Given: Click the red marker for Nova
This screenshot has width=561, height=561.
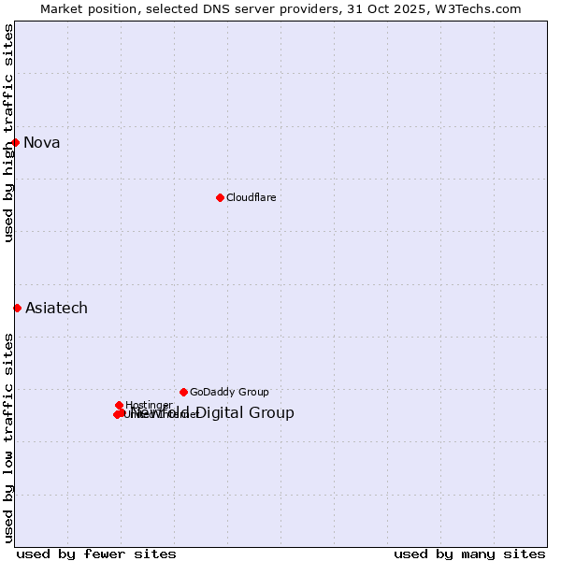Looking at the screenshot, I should pyautogui.click(x=16, y=142).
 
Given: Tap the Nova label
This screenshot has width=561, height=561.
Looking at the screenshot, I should pyautogui.click(x=42, y=143).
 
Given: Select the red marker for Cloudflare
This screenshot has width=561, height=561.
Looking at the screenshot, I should pyautogui.click(x=220, y=197).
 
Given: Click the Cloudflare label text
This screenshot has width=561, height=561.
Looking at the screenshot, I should pyautogui.click(x=252, y=197).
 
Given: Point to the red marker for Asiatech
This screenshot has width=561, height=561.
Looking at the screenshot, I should pyautogui.click(x=17, y=308).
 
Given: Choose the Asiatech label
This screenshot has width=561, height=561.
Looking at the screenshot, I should pyautogui.click(x=56, y=309).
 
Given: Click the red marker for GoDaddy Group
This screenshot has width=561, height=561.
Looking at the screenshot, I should pyautogui.click(x=183, y=392).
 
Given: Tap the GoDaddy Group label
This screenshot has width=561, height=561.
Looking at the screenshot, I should pyautogui.click(x=229, y=393).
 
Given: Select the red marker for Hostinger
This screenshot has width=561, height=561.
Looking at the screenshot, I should pyautogui.click(x=119, y=405).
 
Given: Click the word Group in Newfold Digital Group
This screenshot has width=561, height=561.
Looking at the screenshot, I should pyautogui.click(x=272, y=413).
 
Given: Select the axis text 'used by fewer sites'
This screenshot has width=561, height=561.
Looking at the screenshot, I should pyautogui.click(x=96, y=554).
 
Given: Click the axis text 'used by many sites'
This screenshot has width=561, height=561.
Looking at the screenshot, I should pyautogui.click(x=469, y=554).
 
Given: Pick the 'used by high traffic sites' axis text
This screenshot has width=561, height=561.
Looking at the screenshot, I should pyautogui.click(x=8, y=133).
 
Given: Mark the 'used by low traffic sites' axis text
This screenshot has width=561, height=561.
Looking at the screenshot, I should pyautogui.click(x=8, y=437).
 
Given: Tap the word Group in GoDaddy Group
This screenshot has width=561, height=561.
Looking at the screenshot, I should pyautogui.click(x=252, y=393).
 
